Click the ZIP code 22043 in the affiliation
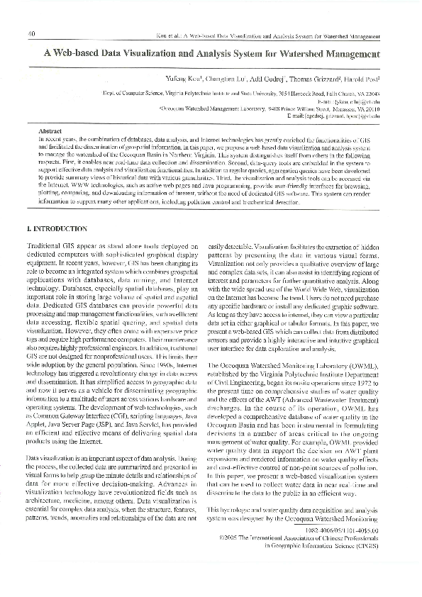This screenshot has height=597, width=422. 372,93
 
